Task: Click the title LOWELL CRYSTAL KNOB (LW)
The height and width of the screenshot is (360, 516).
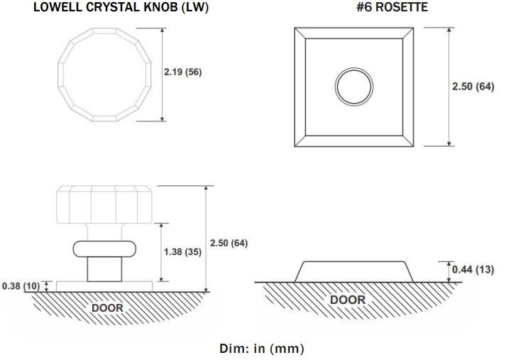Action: tap(121, 7)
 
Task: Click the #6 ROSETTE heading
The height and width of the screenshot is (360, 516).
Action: tap(393, 7)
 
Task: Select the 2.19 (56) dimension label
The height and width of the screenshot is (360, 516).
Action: tap(183, 72)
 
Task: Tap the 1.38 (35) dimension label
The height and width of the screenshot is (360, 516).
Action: tap(182, 252)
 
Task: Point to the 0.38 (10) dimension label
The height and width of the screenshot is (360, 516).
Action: tap(21, 286)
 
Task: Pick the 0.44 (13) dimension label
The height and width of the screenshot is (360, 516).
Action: tap(473, 270)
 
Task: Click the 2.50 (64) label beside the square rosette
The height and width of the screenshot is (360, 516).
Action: tap(473, 87)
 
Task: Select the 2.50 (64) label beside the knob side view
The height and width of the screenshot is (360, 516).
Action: tap(229, 243)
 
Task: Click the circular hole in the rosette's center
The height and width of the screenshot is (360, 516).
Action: tap(354, 87)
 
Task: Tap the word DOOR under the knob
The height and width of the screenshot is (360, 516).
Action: tap(107, 308)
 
